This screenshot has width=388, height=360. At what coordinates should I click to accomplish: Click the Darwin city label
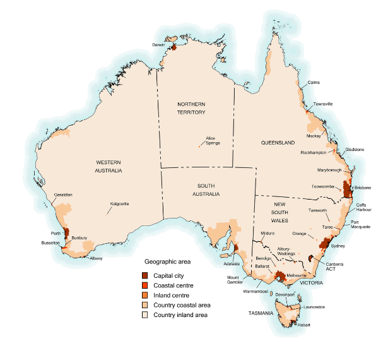(158, 45)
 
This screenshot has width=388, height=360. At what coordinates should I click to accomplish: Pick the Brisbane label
(362, 188)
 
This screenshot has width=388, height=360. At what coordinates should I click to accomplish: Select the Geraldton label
(63, 195)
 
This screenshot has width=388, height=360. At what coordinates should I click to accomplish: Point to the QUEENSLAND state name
(278, 143)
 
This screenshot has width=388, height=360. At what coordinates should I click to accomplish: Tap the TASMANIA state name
(260, 313)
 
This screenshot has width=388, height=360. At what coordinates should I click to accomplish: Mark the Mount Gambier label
(237, 280)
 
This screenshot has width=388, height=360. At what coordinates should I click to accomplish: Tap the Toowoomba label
(324, 187)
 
